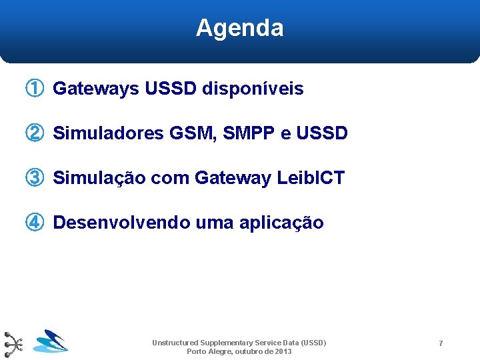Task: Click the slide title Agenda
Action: point(239,28)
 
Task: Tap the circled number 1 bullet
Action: point(35,88)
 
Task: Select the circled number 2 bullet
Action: point(35,133)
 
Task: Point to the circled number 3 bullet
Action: point(35,178)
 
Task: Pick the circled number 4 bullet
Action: point(35,223)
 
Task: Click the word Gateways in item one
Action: point(95,89)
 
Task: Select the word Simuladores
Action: point(108,133)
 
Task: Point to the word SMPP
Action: point(249,133)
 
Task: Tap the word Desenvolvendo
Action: point(121,223)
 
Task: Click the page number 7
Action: point(441,343)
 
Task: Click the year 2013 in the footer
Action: point(283,351)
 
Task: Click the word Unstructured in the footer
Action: point(175,343)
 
